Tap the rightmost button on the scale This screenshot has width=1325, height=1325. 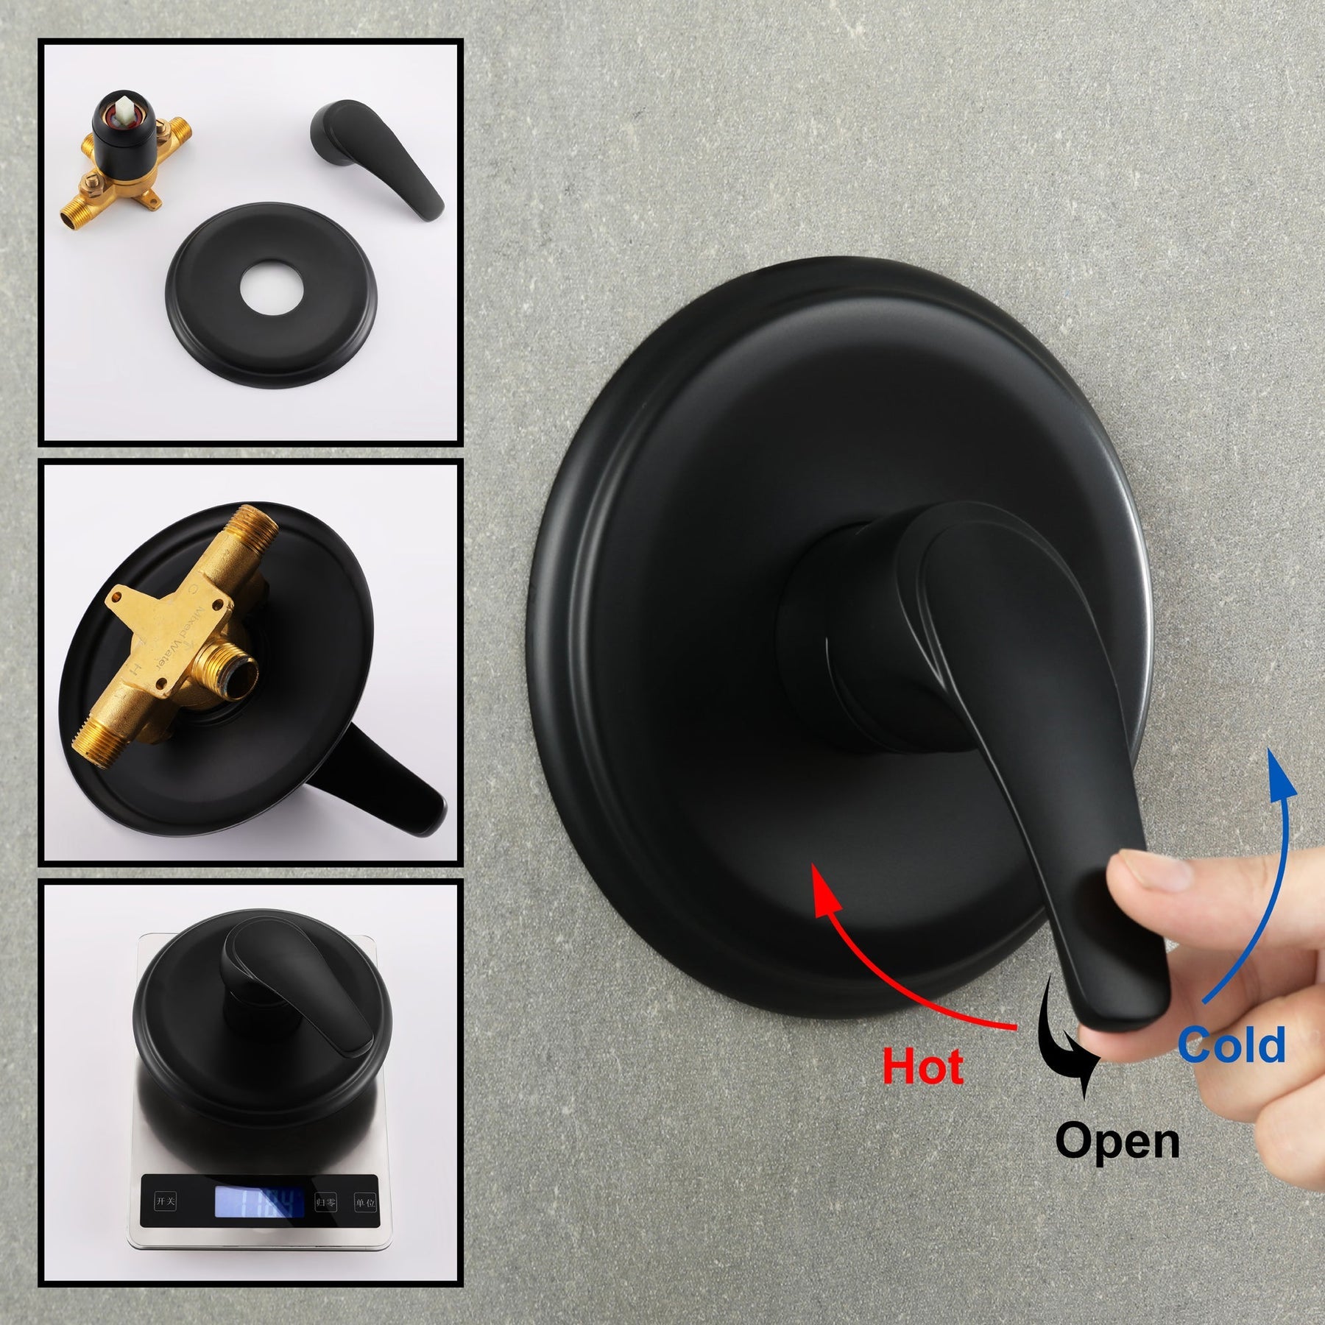pos(364,1203)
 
